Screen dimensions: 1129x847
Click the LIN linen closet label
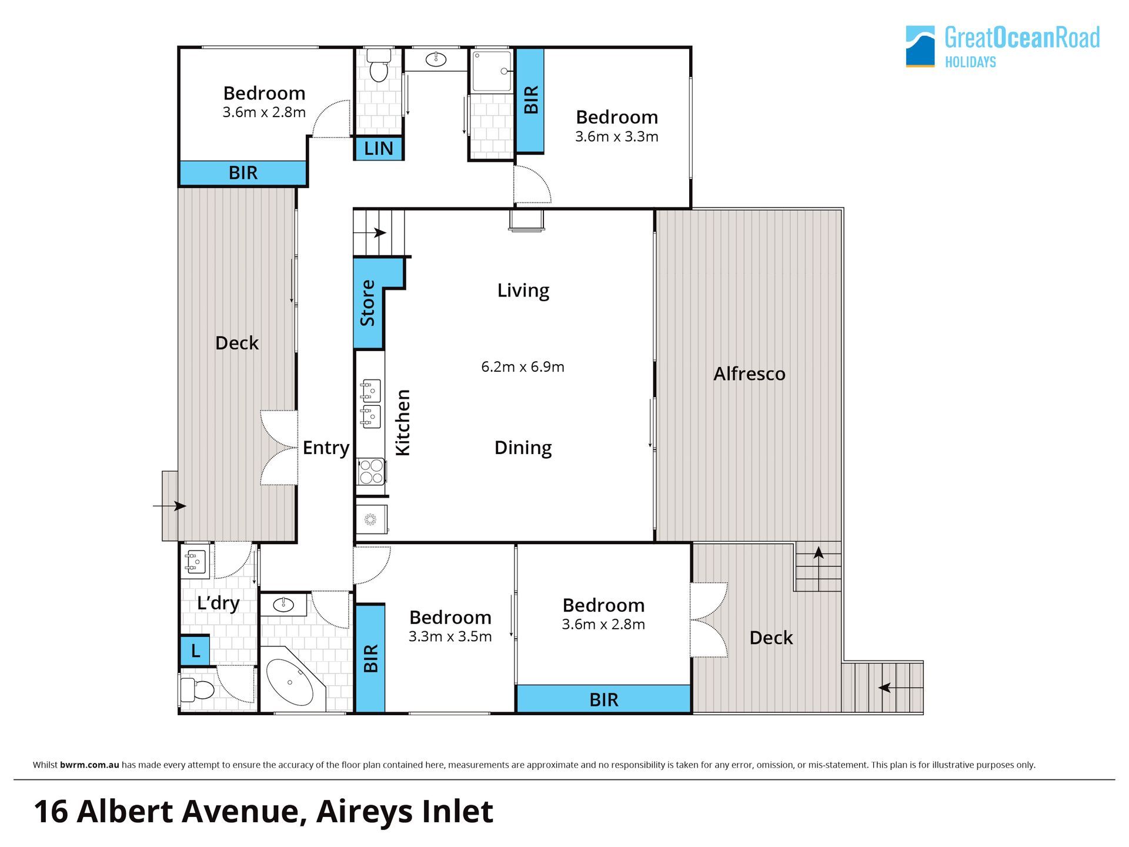tap(378, 148)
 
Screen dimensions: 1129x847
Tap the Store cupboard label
tap(368, 303)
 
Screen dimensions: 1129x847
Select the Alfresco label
tap(749, 374)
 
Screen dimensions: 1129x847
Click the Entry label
tap(326, 448)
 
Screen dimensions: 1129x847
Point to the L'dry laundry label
tap(218, 603)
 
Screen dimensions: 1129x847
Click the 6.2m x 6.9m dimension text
tap(523, 366)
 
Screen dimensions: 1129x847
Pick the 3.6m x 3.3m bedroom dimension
tap(616, 136)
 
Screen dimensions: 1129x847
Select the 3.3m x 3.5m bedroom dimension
tap(450, 636)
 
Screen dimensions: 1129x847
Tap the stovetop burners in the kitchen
tap(371, 471)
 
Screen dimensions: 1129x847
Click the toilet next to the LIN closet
tap(379, 65)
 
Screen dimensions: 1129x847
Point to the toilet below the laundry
tap(197, 689)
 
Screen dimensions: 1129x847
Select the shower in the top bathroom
tap(491, 70)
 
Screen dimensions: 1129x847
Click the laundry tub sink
tap(195, 561)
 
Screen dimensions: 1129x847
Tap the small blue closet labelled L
tap(195, 651)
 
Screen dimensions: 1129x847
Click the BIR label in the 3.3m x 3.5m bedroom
tap(370, 659)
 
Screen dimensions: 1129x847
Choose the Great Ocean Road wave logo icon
tap(920, 46)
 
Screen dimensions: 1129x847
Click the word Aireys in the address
tap(360, 813)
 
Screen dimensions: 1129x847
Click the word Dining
tap(523, 448)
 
